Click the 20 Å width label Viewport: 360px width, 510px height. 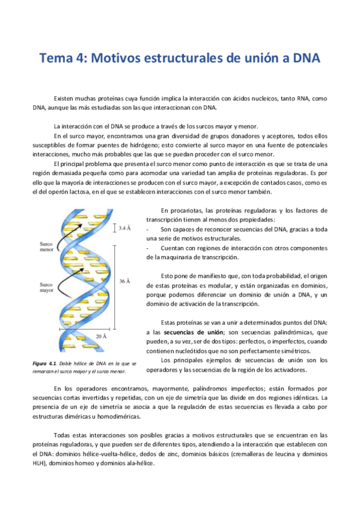pyautogui.click(x=101, y=335)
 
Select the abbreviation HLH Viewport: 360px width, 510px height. pyautogui.click(x=40, y=464)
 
